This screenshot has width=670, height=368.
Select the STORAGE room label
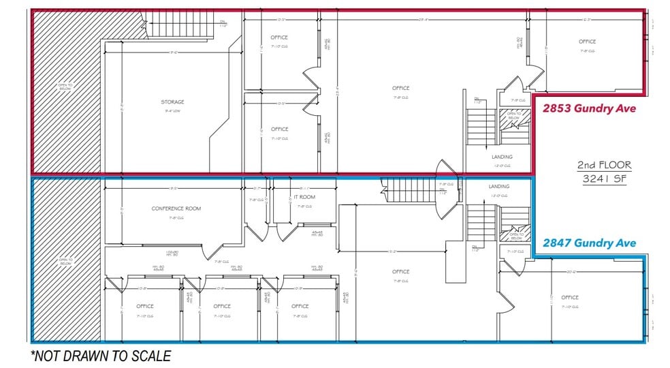pyautogui.click(x=172, y=102)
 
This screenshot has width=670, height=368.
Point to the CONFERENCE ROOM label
pyautogui.click(x=176, y=209)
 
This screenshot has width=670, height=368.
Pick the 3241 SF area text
pyautogui.click(x=604, y=179)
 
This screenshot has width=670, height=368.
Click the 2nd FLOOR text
pyautogui.click(x=604, y=165)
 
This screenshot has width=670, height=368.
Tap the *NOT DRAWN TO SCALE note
pyautogui.click(x=100, y=355)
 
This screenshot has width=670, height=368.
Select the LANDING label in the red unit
pyautogui.click(x=502, y=157)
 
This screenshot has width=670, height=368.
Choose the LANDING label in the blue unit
pyautogui.click(x=499, y=186)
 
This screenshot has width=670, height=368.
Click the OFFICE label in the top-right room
pyautogui.click(x=587, y=42)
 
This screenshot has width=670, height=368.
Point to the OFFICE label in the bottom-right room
pyautogui.click(x=570, y=297)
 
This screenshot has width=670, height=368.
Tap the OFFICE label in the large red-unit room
pyautogui.click(x=400, y=88)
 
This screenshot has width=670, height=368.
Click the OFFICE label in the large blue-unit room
pyautogui.click(x=400, y=272)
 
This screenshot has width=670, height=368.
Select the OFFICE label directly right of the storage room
pyautogui.click(x=279, y=129)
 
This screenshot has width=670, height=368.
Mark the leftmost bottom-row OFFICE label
pyautogui.click(x=145, y=306)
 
